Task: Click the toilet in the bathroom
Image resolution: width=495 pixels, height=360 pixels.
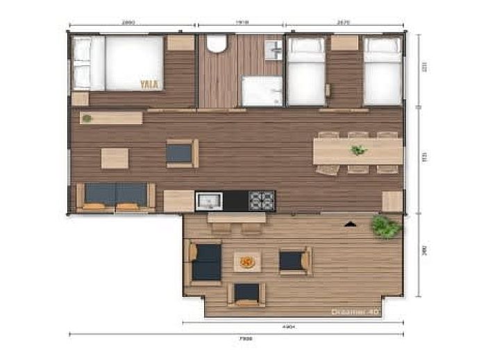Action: point(217,44)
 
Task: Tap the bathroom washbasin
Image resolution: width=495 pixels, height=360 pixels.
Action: point(274,49)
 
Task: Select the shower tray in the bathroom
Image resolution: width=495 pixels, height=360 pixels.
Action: point(262,91)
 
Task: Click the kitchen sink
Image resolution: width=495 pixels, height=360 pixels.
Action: point(208,201)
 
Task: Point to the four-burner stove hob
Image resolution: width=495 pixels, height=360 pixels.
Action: point(262,201)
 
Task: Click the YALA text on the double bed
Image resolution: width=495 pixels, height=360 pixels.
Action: point(149,85)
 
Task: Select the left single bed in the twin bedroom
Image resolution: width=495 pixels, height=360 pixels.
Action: point(306,71)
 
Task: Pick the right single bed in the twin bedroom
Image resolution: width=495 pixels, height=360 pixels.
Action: point(383,71)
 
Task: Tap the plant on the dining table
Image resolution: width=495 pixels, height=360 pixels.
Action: point(358,150)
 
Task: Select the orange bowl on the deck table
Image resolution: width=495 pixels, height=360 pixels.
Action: point(247,262)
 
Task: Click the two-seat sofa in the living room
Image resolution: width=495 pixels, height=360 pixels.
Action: point(116,196)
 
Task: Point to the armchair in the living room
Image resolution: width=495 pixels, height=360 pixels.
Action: point(182,153)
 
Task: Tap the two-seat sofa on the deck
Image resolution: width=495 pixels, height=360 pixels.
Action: point(205,262)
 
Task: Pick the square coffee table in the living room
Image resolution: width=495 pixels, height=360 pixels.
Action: point(115,158)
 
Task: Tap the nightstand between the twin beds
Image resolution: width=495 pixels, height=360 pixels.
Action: point(344,44)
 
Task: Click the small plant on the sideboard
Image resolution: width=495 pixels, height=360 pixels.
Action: point(86,119)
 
